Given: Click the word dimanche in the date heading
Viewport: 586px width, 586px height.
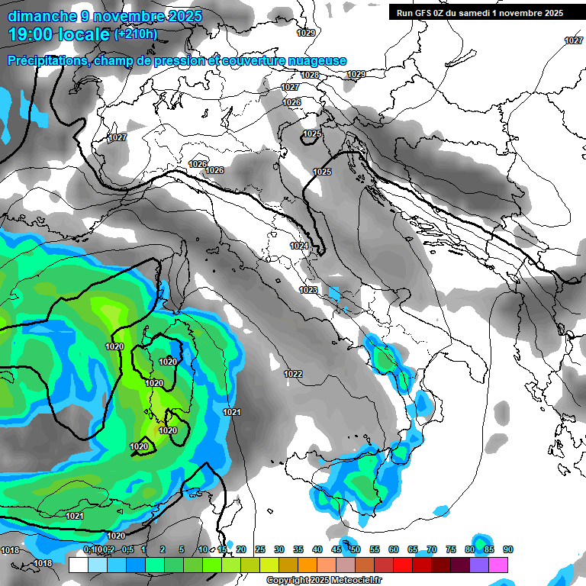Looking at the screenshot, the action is point(37,16).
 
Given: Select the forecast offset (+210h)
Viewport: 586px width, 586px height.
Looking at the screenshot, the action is point(136,34).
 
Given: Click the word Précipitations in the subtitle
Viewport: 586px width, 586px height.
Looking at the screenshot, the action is point(45,61).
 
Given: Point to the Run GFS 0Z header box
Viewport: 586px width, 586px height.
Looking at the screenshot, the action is point(479,12).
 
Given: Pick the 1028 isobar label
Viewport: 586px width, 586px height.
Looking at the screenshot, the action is point(310,75).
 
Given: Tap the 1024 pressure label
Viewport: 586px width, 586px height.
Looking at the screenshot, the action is point(299,246).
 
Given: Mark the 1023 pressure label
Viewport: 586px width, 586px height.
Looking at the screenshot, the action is point(308,290).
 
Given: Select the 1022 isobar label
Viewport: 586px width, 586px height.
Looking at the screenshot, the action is point(292,374).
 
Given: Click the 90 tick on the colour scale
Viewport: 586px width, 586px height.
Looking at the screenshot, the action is point(507,549).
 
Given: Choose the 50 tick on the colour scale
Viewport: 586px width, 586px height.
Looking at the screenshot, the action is point(356,549).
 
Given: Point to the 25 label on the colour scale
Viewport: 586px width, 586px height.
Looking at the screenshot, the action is point(260,549).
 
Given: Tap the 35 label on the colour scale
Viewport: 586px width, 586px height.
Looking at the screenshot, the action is point(298,549).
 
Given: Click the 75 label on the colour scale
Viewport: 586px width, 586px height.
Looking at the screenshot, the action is point(450,549).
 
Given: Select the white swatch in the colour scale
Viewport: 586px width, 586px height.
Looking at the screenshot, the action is point(78,565).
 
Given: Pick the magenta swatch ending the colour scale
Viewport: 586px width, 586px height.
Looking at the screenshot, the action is point(498,565).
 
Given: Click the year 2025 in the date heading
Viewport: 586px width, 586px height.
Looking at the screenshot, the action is point(183,16).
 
